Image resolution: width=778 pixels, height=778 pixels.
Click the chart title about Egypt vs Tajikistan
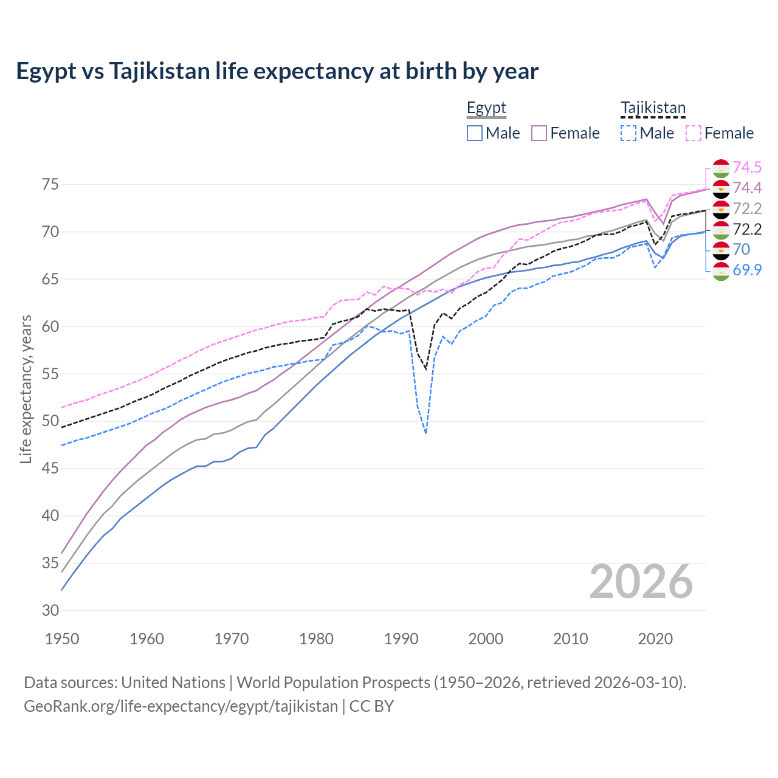277,71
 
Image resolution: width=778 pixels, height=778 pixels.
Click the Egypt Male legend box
475,133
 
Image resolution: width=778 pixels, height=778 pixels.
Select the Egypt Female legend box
539,133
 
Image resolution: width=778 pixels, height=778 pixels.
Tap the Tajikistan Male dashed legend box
628,133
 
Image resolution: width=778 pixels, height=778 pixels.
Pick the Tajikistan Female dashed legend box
694,133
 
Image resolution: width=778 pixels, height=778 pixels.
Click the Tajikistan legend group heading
653,108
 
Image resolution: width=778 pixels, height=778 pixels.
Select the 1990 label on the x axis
401,639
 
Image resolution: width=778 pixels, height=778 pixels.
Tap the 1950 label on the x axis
62,639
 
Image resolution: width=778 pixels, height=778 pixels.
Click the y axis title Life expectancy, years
26,389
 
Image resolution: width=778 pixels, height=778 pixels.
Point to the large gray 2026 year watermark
641,582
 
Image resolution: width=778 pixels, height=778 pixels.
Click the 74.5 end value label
747,167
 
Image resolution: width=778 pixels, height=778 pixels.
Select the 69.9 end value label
747,270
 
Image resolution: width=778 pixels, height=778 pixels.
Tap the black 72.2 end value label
747,229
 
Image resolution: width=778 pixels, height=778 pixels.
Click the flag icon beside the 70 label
721,250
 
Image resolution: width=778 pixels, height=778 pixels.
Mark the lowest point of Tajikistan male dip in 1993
425,433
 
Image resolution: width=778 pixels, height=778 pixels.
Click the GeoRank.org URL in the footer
181,706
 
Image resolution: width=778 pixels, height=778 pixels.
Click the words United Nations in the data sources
173,683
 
